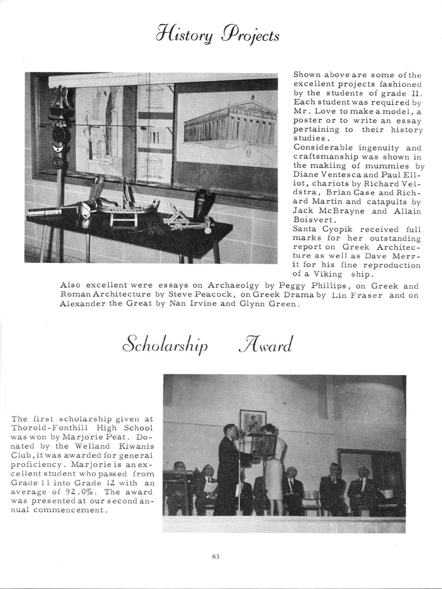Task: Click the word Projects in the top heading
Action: tap(253, 36)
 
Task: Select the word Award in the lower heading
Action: tap(265, 345)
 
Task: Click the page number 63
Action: tap(216, 556)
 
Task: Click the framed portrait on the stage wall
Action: tap(253, 422)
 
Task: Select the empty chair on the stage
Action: tap(312, 501)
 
